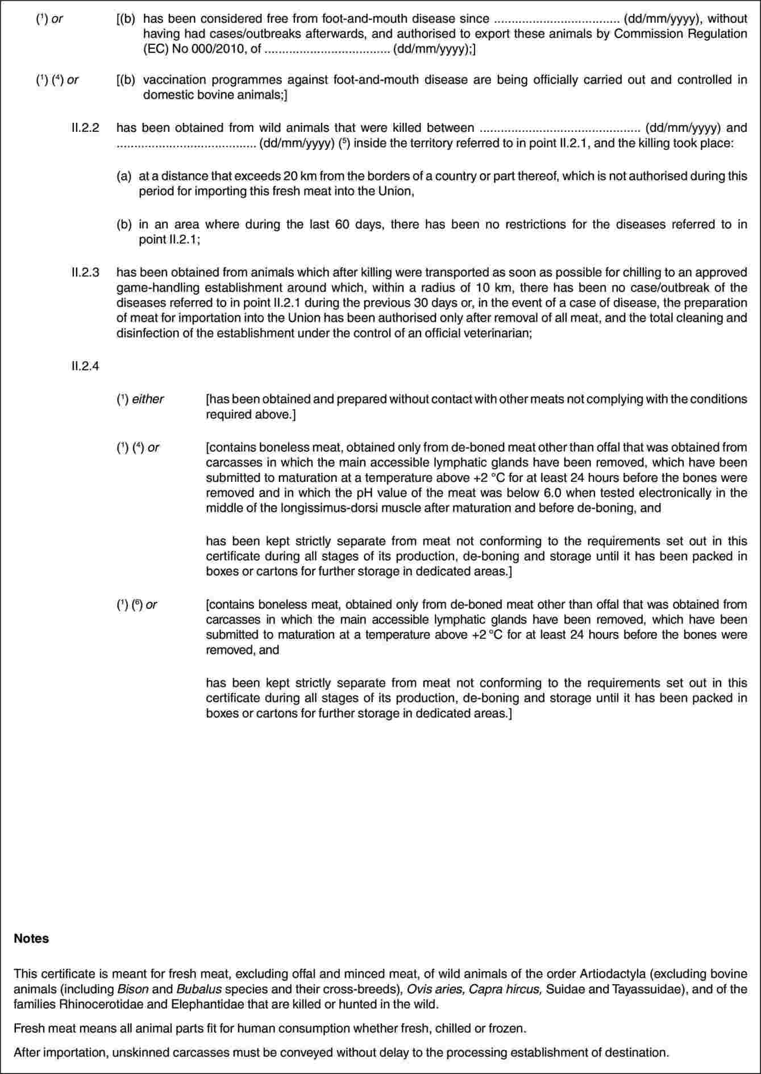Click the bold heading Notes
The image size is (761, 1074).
[x=31, y=939]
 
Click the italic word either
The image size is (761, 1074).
[x=148, y=399]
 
